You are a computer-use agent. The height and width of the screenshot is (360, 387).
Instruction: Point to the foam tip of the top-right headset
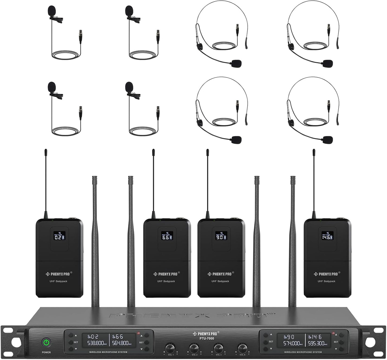(328, 64)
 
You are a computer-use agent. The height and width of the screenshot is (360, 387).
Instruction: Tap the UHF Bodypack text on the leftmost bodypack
(59, 281)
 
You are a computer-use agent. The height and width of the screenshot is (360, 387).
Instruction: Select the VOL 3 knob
(218, 348)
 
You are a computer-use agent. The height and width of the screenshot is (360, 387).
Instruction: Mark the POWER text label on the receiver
(46, 352)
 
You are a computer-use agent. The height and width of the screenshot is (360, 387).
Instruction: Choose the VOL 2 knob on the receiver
(194, 348)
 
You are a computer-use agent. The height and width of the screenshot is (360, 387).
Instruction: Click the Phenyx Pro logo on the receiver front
(206, 334)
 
